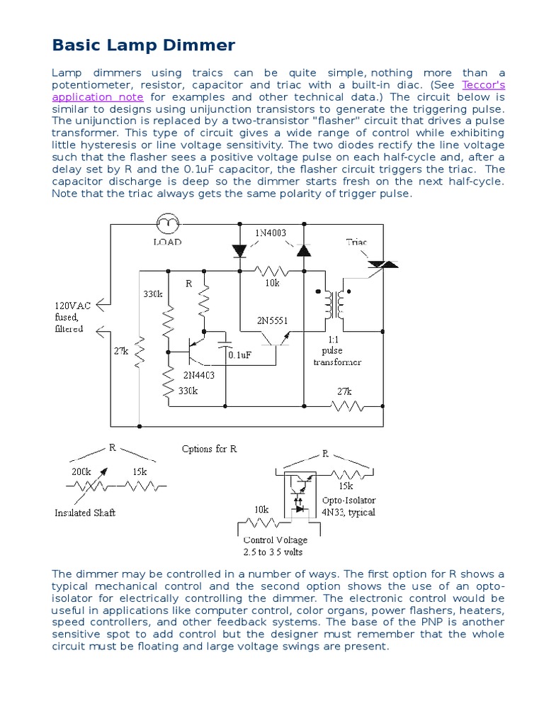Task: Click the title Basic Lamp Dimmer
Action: (x=143, y=46)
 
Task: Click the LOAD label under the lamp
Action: (x=168, y=242)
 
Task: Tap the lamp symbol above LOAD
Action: (x=168, y=225)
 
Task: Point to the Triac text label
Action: (x=356, y=242)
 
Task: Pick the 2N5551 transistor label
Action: (x=273, y=320)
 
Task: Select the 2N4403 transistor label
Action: (x=200, y=375)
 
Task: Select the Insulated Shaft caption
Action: (x=84, y=513)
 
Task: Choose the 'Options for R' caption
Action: (x=209, y=449)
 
